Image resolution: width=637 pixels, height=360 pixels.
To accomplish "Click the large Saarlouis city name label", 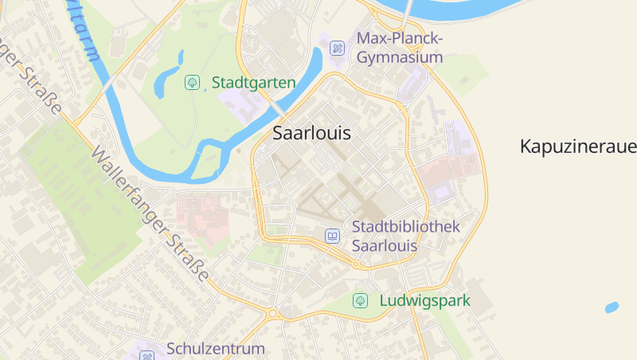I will coord(311,133).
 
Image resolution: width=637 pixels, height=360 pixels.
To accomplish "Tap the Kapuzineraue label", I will coord(578,147).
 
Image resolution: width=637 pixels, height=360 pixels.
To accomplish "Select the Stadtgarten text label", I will coord(253,82).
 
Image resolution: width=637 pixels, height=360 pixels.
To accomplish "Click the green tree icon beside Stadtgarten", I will coord(191,82).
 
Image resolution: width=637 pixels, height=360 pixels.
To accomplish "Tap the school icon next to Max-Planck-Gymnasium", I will coord(338,48).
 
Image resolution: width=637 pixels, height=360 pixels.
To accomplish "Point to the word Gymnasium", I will coord(400,57).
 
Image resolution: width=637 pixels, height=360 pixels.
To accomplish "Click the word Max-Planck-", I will coord(400,38).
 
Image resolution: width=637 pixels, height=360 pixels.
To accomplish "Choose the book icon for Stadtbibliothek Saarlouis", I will coord(333,237).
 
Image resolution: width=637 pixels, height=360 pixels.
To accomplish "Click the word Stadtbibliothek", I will coord(406,227).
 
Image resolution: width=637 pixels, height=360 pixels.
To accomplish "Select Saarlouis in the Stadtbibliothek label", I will coord(385,246).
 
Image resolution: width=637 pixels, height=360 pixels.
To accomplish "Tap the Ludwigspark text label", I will coord(424,301).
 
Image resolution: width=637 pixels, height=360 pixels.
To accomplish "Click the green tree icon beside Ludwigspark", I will coord(361,301).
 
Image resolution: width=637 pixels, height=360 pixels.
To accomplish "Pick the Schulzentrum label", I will coord(215,349).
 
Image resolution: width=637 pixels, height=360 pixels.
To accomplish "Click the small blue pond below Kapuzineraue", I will coord(612,307).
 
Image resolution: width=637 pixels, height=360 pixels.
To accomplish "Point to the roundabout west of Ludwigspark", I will coord(272,313).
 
